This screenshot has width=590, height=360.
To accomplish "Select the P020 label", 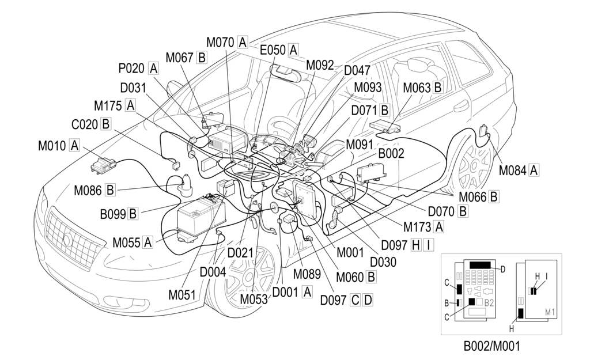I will pyautogui.click(x=133, y=68).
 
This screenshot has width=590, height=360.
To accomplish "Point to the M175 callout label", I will pyautogui.click(x=108, y=105).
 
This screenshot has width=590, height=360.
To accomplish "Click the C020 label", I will pyautogui.click(x=85, y=123).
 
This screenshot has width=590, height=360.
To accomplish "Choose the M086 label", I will pyautogui.click(x=88, y=189).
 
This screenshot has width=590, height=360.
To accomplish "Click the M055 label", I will pyautogui.click(x=126, y=242).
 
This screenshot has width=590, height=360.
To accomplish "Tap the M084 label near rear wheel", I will pyautogui.click(x=512, y=170).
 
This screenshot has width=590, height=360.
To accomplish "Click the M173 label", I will pyautogui.click(x=418, y=226).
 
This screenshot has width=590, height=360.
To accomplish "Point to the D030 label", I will pyautogui.click(x=383, y=262).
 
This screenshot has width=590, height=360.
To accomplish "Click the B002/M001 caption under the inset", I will pyautogui.click(x=495, y=347).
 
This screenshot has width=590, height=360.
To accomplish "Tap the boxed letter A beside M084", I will pyautogui.click(x=534, y=170).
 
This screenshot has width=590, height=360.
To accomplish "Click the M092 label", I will pyautogui.click(x=320, y=65).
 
